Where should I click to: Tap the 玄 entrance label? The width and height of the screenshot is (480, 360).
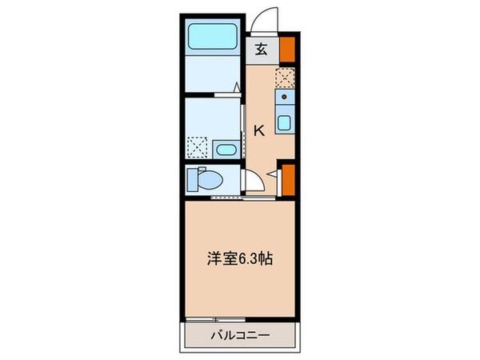tap(262, 48)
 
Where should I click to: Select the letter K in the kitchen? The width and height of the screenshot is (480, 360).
tap(259, 130)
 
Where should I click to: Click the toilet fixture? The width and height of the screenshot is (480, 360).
tap(203, 180)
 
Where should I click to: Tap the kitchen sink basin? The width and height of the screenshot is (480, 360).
tap(283, 124)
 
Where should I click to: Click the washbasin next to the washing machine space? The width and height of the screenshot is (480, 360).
tap(225, 148)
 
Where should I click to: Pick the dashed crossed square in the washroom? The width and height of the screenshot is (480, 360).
tap(197, 147)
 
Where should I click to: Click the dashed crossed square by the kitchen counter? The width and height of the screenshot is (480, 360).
tap(284, 77)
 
